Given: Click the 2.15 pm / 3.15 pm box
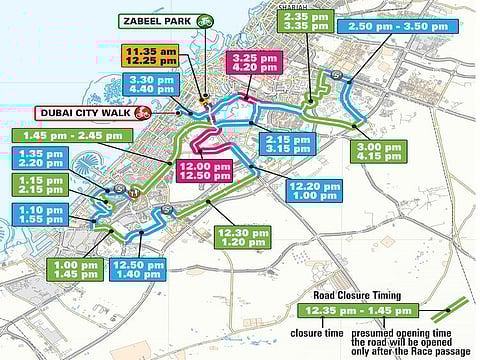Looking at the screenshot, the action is [284, 144].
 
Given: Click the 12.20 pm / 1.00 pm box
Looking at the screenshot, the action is [313, 191].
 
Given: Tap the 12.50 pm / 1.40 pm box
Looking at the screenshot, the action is [138, 270].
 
